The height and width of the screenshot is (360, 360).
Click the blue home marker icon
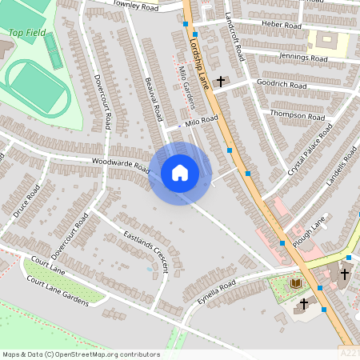179,173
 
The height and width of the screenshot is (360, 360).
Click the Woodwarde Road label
120,165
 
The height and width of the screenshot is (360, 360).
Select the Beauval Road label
154,99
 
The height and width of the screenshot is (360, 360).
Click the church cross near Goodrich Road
220,81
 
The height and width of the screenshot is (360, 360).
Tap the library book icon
296,283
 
